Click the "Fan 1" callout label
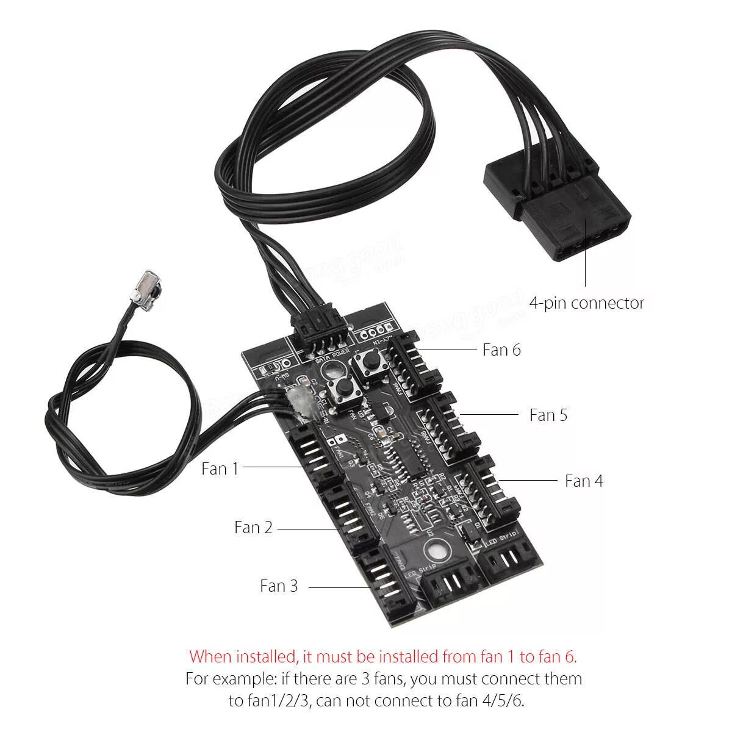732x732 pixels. pyautogui.click(x=220, y=468)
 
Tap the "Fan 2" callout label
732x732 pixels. pyautogui.click(x=253, y=527)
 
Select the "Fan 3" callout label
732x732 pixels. pyautogui.click(x=279, y=586)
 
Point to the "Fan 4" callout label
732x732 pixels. pyautogui.click(x=584, y=481)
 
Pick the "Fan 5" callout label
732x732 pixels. pyautogui.click(x=548, y=415)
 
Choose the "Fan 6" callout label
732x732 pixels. pyautogui.click(x=501, y=350)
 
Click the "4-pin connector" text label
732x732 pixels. pyautogui.click(x=586, y=303)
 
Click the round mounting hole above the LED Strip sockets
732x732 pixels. pyautogui.click(x=435, y=552)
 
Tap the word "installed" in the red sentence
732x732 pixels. pyautogui.click(x=267, y=657)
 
